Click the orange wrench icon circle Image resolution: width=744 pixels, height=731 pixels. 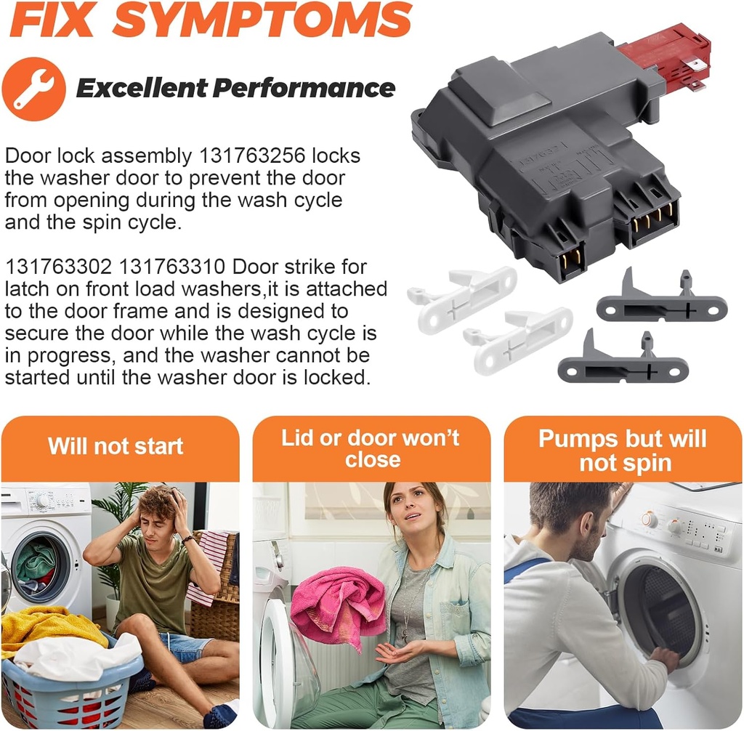[33, 89]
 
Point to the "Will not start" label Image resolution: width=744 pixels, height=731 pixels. [116, 446]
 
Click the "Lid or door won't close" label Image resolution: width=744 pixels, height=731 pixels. [371, 449]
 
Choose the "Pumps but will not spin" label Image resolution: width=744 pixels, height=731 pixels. [623, 451]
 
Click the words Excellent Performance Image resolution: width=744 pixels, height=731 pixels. [235, 89]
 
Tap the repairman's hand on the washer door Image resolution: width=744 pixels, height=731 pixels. [664, 658]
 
